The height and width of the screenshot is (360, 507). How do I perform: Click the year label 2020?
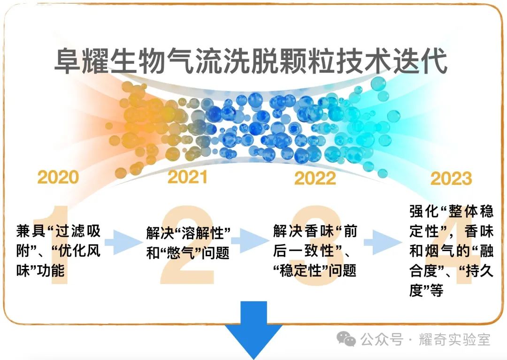pos(58,177)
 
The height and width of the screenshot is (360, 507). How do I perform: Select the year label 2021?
pos(187,177)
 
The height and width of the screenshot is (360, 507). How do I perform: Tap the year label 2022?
pos(315,178)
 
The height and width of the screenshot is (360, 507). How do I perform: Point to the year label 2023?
pos(451,178)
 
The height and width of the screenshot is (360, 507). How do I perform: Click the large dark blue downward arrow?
pos(254,329)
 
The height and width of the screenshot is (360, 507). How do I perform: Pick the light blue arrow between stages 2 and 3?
pos(250,242)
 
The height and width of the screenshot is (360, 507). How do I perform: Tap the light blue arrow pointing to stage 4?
pos(383,242)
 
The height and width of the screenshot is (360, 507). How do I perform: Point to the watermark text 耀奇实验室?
pos(454,340)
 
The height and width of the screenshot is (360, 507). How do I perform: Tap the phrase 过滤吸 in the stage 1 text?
pos(77,231)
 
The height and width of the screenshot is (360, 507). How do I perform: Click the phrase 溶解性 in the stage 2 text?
pos(203,233)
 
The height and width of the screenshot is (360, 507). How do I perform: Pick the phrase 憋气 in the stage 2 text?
pos(181,253)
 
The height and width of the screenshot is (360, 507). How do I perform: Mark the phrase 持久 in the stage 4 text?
pos(479,271)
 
